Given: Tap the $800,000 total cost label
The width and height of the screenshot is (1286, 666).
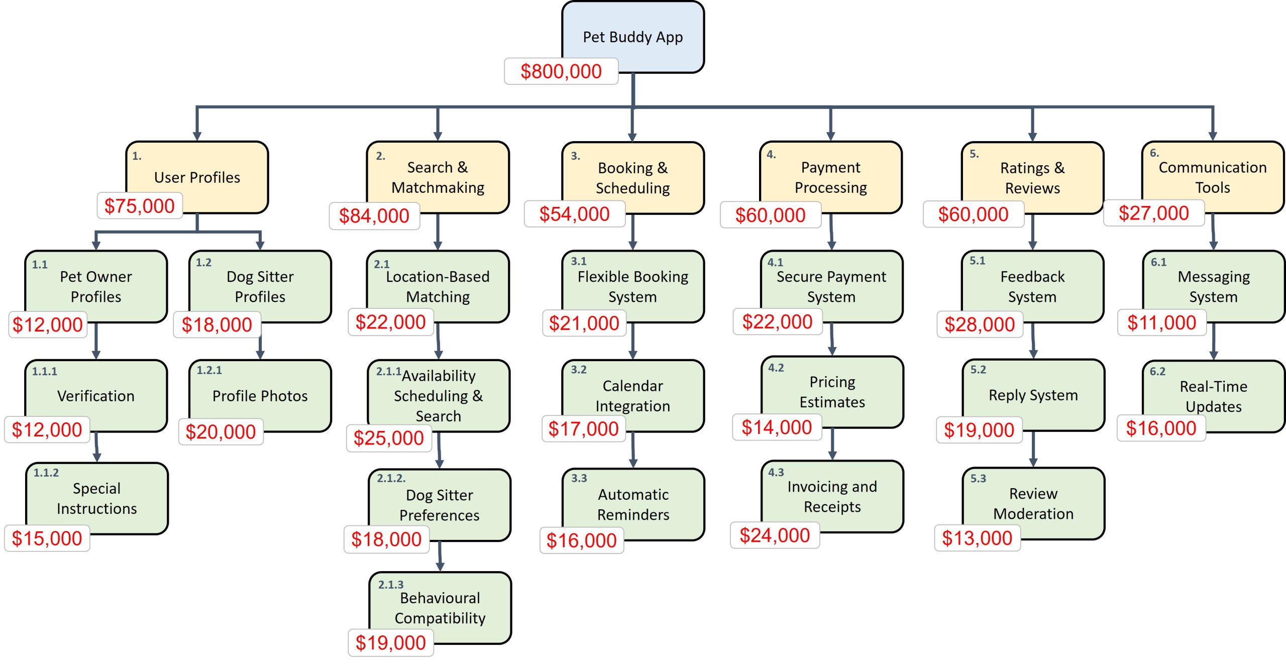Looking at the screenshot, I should [561, 71].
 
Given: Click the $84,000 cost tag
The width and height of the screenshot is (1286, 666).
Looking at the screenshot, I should [374, 216].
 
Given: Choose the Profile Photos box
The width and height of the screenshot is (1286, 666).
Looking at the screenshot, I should [260, 395].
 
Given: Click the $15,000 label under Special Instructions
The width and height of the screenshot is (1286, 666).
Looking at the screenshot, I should [47, 538].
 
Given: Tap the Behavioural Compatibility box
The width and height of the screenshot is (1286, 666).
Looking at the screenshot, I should [440, 607].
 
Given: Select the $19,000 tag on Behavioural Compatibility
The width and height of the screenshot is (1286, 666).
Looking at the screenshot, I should [390, 643].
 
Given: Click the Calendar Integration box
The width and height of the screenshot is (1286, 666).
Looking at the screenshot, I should [632, 395].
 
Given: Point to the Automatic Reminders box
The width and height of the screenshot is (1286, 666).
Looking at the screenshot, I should [633, 504].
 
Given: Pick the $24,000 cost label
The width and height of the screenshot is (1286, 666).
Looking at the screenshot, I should [774, 535].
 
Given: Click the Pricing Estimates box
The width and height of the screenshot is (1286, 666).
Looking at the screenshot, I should [832, 391].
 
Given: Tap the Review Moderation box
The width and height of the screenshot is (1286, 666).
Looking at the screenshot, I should [1033, 503].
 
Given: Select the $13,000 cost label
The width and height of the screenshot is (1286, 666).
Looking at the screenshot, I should [977, 538].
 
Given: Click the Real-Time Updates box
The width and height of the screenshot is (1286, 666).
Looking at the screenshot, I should [1213, 396].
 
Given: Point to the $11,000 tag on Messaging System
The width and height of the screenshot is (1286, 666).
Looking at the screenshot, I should [1161, 322].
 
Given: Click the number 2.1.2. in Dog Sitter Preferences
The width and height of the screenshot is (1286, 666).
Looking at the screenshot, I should [391, 478].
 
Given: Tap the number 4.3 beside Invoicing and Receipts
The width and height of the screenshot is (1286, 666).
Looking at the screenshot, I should [776, 472].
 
